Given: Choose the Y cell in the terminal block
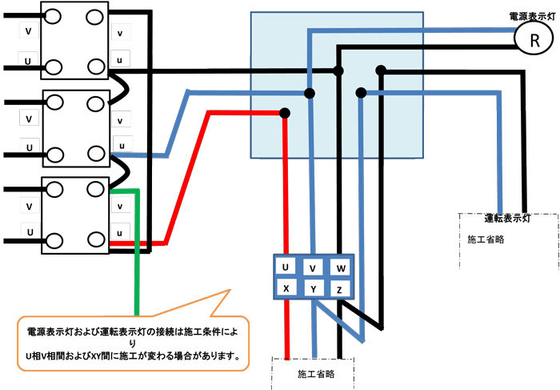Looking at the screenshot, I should tap(314, 287).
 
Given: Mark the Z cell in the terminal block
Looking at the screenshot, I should tap(340, 287).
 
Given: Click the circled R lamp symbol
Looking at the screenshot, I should tap(529, 37).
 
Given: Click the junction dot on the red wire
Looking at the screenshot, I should tap(286, 114).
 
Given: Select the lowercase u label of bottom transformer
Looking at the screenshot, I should tap(120, 233).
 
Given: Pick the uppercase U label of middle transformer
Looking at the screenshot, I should tap(30, 148).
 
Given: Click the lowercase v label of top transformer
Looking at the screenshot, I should tap(120, 34).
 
